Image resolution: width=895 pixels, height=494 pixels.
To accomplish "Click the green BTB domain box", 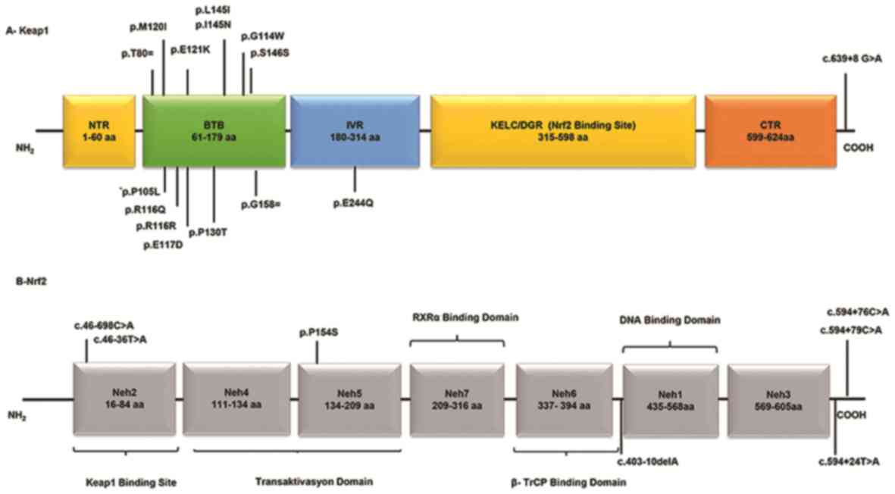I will coord(213,130).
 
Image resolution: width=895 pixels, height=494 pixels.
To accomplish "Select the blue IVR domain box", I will coord(355,130).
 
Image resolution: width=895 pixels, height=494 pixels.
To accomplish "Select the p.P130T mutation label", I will coord(208,231).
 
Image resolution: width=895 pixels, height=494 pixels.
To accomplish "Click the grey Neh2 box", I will coord(124,399).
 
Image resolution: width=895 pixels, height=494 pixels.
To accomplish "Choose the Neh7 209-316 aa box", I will coord(458,399).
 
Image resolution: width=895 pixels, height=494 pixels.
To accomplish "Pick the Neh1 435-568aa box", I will coord(670,399).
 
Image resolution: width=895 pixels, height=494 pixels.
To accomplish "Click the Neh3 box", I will coord(778,399).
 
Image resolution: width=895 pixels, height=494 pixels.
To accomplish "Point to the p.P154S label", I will coord(317,333).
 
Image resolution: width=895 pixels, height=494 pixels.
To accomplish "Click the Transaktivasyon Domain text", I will coord(315,480).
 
